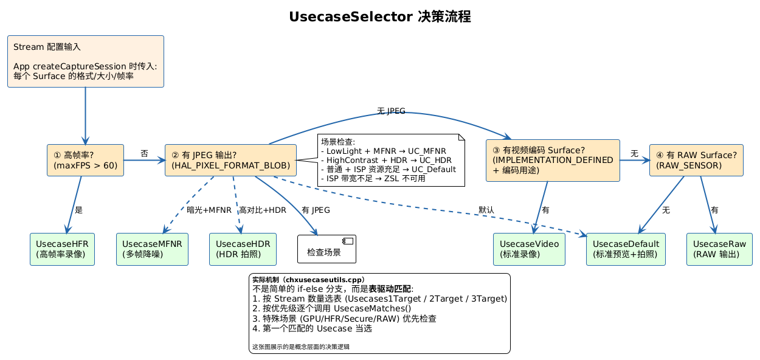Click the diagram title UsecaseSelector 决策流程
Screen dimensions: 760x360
[379, 16]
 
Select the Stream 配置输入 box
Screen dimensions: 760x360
[86, 61]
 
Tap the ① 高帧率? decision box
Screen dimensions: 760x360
[85, 160]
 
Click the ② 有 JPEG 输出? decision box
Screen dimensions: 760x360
[230, 160]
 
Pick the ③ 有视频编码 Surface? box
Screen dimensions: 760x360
[553, 160]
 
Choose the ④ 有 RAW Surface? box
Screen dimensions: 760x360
[696, 160]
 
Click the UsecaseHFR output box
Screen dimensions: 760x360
[62, 249]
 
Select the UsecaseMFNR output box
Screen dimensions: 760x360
[152, 249]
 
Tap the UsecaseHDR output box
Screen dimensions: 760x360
[243, 249]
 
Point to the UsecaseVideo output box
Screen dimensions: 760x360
[529, 249]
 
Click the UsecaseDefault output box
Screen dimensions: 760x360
[626, 249]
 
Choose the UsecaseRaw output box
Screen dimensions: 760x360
[719, 249]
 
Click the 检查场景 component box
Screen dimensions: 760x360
[326, 249]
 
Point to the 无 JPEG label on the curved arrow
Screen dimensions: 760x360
[391, 111]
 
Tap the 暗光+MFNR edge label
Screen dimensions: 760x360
[209, 210]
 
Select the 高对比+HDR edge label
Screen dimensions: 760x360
[263, 210]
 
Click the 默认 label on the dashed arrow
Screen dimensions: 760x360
[486, 210]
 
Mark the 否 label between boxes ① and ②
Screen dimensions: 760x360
[144, 154]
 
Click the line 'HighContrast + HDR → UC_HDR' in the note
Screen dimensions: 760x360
[387, 160]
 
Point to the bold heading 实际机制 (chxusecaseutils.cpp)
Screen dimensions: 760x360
[308, 280]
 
